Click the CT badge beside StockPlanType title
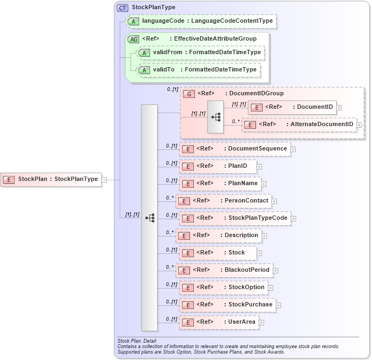point(122,8)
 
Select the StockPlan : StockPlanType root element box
point(51,179)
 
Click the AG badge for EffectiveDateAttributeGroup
point(133,39)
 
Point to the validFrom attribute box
point(201,53)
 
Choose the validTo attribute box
point(198,70)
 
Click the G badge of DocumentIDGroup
point(189,94)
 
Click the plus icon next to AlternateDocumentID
point(359,125)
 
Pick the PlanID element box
point(218,166)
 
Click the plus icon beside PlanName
point(264,184)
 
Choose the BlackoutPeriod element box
point(224,270)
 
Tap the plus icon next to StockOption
point(271,288)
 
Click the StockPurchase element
point(227,305)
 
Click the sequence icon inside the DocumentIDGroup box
point(216,116)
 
